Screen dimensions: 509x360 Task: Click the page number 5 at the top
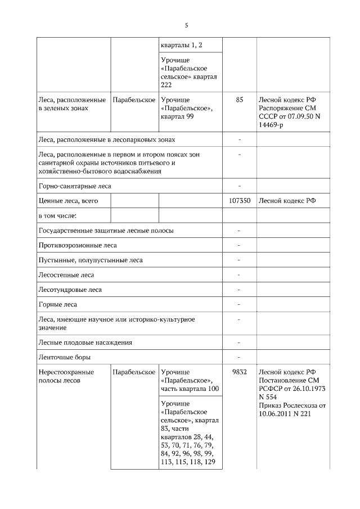point(186,25)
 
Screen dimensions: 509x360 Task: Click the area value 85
point(240,100)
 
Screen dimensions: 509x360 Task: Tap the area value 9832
point(240,372)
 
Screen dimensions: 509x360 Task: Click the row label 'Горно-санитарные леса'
point(75,185)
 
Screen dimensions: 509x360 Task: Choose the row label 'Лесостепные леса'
point(66,275)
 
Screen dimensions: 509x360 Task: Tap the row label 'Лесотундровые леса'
point(70,290)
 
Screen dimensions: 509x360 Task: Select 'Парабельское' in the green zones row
point(134,100)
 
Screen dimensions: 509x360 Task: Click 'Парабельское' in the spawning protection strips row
point(134,372)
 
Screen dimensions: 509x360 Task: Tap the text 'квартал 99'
point(177,116)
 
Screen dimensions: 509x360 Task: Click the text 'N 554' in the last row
point(269,397)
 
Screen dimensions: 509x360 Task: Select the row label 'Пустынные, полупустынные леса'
point(90,260)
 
